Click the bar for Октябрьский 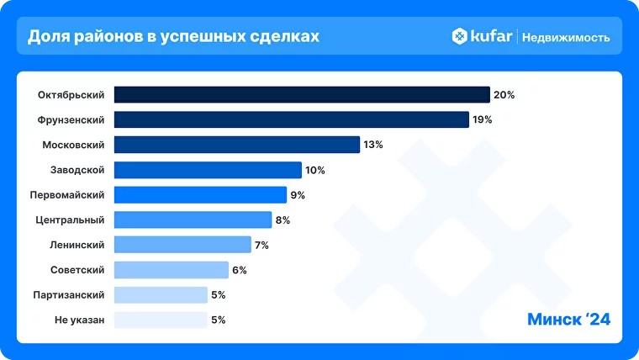pyautogui.click(x=302, y=94)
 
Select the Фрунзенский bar pyautogui.click(x=291, y=119)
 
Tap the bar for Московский pyautogui.click(x=236, y=145)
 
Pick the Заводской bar pyautogui.click(x=208, y=170)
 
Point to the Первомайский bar pyautogui.click(x=200, y=195)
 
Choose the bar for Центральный pyautogui.click(x=193, y=220)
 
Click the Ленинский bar pyautogui.click(x=182, y=245)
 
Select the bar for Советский pyautogui.click(x=171, y=270)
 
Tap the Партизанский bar pyautogui.click(x=161, y=294)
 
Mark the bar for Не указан pyautogui.click(x=161, y=320)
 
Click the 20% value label pyautogui.click(x=504, y=95)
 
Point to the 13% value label pyautogui.click(x=373, y=145)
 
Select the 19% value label pyautogui.click(x=482, y=119)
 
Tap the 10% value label pyautogui.click(x=314, y=170)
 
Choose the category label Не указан pyautogui.click(x=80, y=320)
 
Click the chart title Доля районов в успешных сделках pyautogui.click(x=174, y=37)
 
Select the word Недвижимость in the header pyautogui.click(x=566, y=38)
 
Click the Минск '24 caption pyautogui.click(x=568, y=320)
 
